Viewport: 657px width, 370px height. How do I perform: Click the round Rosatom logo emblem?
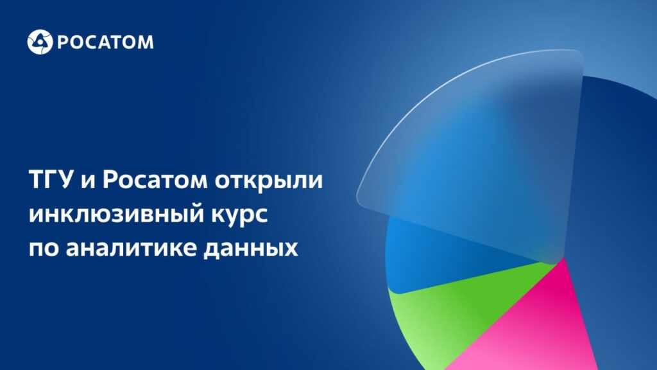pos(40,42)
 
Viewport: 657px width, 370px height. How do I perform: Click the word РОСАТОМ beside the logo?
pos(105,42)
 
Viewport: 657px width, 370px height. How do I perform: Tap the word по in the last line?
pos(44,249)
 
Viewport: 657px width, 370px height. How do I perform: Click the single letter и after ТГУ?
pos(88,181)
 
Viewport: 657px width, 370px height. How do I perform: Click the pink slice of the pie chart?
pos(540,327)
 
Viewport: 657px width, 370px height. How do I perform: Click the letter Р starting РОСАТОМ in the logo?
pos(62,42)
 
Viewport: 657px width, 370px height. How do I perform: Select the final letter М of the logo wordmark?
pos(146,42)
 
